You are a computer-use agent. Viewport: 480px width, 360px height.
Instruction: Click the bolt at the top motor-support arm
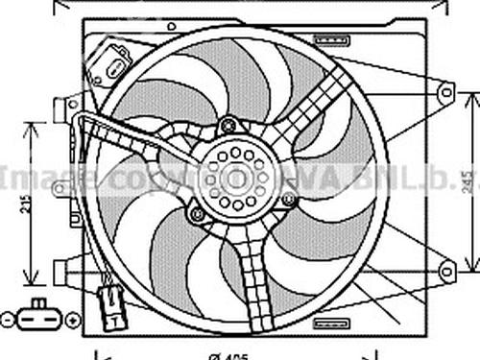(x=228, y=124)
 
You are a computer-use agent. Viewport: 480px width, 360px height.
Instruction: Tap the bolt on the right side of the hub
(x=288, y=200)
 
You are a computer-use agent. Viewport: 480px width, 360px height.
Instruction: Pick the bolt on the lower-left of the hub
(x=198, y=214)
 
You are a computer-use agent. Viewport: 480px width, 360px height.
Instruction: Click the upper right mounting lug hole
(x=445, y=92)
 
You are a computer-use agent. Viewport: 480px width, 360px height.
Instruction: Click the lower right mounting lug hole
(x=445, y=271)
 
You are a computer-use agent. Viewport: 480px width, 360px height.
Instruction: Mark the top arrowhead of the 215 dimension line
(x=35, y=126)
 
